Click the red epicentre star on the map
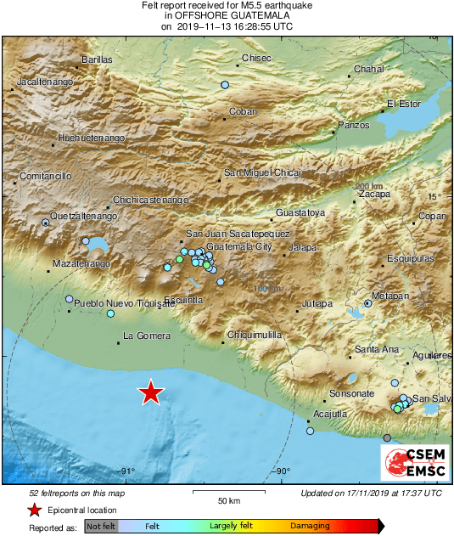(151, 392)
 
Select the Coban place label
(243, 111)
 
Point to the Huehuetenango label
(91, 137)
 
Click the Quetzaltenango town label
(82, 216)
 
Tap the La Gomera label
(142, 336)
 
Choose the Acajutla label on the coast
(330, 414)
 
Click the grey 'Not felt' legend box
(102, 527)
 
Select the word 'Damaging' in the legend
(310, 527)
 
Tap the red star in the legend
(34, 510)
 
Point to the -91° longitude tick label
(127, 472)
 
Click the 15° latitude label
(434, 196)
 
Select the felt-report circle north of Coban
(225, 85)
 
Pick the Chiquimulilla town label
(254, 336)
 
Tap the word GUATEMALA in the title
(256, 15)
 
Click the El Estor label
(404, 104)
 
